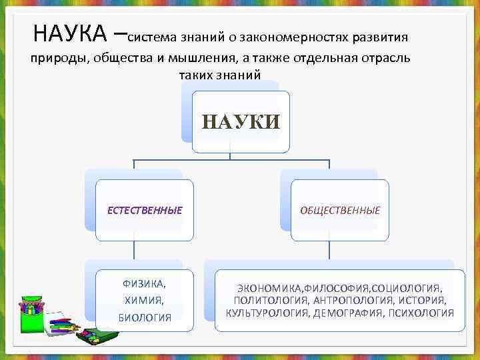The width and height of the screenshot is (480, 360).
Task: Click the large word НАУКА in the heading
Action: [69, 32]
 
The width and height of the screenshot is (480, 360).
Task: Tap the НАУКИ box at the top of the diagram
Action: [241, 121]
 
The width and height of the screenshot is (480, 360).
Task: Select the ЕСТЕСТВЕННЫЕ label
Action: [145, 211]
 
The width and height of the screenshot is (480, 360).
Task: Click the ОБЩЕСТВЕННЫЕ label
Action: [340, 211]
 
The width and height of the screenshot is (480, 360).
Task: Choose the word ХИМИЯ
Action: [145, 300]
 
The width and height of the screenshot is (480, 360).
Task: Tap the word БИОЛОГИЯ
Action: [145, 317]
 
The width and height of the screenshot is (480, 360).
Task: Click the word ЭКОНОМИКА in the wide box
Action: [269, 289]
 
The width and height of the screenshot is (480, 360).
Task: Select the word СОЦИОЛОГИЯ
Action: [407, 289]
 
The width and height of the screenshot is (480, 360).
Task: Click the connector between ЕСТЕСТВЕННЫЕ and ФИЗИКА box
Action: [134, 250]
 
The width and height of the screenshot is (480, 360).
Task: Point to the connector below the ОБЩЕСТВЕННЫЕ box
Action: [330, 250]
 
